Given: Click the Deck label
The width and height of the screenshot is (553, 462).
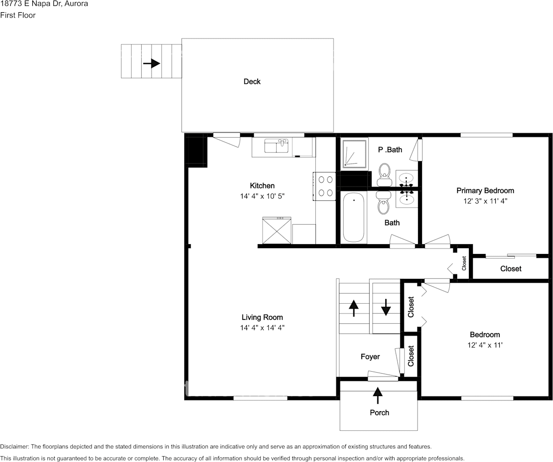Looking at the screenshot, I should point(252,82).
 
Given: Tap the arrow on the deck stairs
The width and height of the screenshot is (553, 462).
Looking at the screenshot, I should point(152,63).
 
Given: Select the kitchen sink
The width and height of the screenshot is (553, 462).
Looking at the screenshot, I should point(276,146).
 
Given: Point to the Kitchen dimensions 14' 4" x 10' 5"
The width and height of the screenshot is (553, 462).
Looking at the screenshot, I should point(262,196).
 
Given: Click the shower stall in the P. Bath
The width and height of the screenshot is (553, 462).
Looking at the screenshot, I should point(354,154).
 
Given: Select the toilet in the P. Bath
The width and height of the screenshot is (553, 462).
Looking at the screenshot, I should point(384,172).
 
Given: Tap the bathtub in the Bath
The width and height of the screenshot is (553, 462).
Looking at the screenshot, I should point(354,217).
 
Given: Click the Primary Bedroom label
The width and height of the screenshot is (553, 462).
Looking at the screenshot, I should point(485,190).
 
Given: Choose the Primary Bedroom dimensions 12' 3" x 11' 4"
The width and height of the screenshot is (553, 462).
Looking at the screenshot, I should point(485,201).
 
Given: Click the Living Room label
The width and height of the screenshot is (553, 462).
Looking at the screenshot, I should point(262,317).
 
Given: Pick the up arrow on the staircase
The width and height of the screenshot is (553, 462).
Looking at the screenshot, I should point(354,308).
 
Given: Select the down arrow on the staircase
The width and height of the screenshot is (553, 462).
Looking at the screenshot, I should point(386,307).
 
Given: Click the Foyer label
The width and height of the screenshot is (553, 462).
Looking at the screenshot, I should point(370,357).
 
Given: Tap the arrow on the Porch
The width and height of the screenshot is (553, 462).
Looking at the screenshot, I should point(377,392).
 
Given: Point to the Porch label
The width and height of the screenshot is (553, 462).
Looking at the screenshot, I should point(379,413).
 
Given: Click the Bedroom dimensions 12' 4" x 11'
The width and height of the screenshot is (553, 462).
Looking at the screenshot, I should point(485,345).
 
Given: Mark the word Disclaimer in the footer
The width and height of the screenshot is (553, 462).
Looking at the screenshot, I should point(14,447).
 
